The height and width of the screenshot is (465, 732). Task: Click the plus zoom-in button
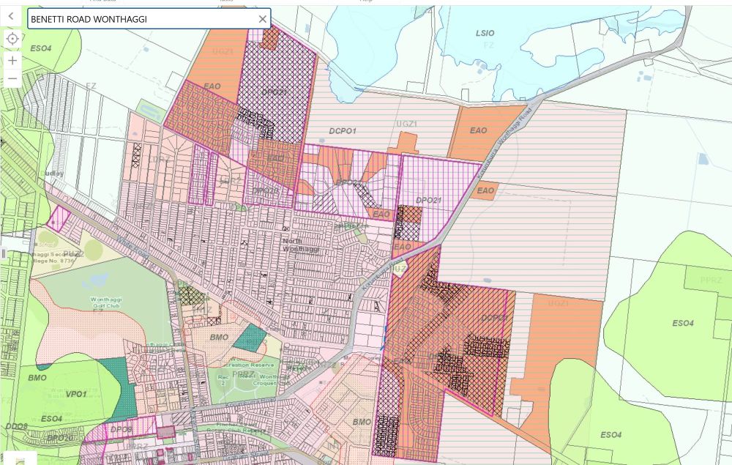click(x=12, y=60)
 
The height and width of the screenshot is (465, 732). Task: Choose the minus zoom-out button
click(x=12, y=78)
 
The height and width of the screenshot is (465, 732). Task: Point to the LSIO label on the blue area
click(x=485, y=33)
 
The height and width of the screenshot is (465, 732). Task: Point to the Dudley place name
click(x=54, y=174)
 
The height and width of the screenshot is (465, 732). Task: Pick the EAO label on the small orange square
click(x=485, y=190)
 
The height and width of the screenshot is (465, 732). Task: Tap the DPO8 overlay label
click(x=122, y=430)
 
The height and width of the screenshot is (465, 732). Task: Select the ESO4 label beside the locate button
click(x=41, y=48)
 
